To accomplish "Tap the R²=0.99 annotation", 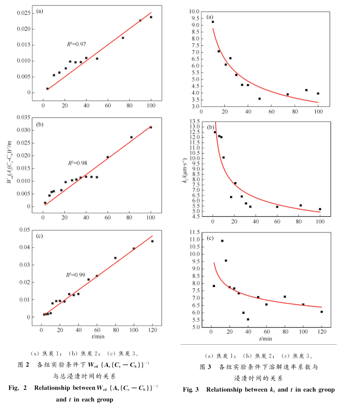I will [75, 275].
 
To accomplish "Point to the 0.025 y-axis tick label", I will [22, 13].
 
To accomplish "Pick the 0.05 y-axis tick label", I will [24, 230].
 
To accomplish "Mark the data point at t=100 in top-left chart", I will [151, 17].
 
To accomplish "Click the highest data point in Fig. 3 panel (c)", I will [222, 241].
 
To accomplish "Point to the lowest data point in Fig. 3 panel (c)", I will [248, 319].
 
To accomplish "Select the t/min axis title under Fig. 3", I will [266, 338].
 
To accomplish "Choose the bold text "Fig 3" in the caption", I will [192, 389].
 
